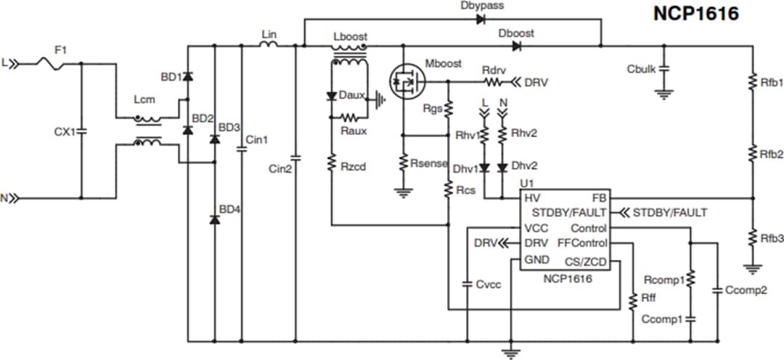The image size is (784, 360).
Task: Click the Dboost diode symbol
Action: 516,46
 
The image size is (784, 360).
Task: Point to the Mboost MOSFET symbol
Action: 403,81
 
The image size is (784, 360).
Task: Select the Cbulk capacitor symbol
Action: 662,70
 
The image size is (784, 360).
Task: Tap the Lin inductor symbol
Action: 268,45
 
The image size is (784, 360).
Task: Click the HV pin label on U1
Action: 531,197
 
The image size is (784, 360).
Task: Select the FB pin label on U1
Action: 599,197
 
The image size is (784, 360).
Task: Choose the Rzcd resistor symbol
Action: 331,166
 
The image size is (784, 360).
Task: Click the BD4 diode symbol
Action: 214,218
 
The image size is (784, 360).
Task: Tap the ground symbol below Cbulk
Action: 662,93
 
